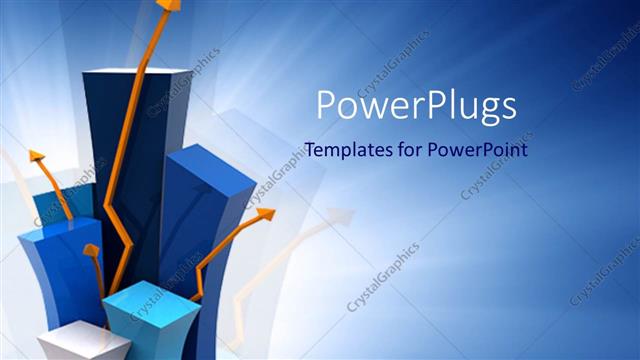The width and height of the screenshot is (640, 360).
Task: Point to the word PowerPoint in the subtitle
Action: click(476, 150)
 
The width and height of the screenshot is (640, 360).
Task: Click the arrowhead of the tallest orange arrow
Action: click(169, 5)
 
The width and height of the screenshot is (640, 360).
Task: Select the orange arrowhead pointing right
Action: click(264, 214)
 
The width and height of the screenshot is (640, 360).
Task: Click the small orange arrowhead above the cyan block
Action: click(91, 250)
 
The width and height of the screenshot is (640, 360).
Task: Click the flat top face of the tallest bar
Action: click(135, 72)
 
